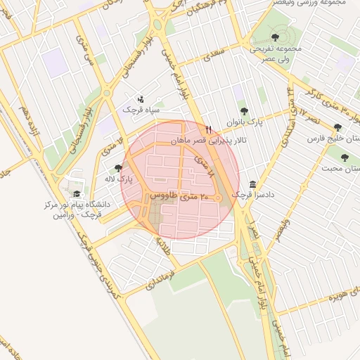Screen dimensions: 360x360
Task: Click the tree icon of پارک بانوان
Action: [244, 110]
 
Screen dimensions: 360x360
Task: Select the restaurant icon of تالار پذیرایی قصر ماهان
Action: [209, 129]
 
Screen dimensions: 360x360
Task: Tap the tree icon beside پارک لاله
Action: [118, 168]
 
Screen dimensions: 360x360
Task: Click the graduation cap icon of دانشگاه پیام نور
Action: [77, 194]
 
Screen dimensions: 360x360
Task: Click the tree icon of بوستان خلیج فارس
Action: [338, 127]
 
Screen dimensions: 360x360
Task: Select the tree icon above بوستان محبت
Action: [345, 157]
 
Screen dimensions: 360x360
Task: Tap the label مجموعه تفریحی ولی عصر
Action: [279, 54]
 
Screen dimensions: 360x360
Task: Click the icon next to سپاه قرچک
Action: [141, 99]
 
